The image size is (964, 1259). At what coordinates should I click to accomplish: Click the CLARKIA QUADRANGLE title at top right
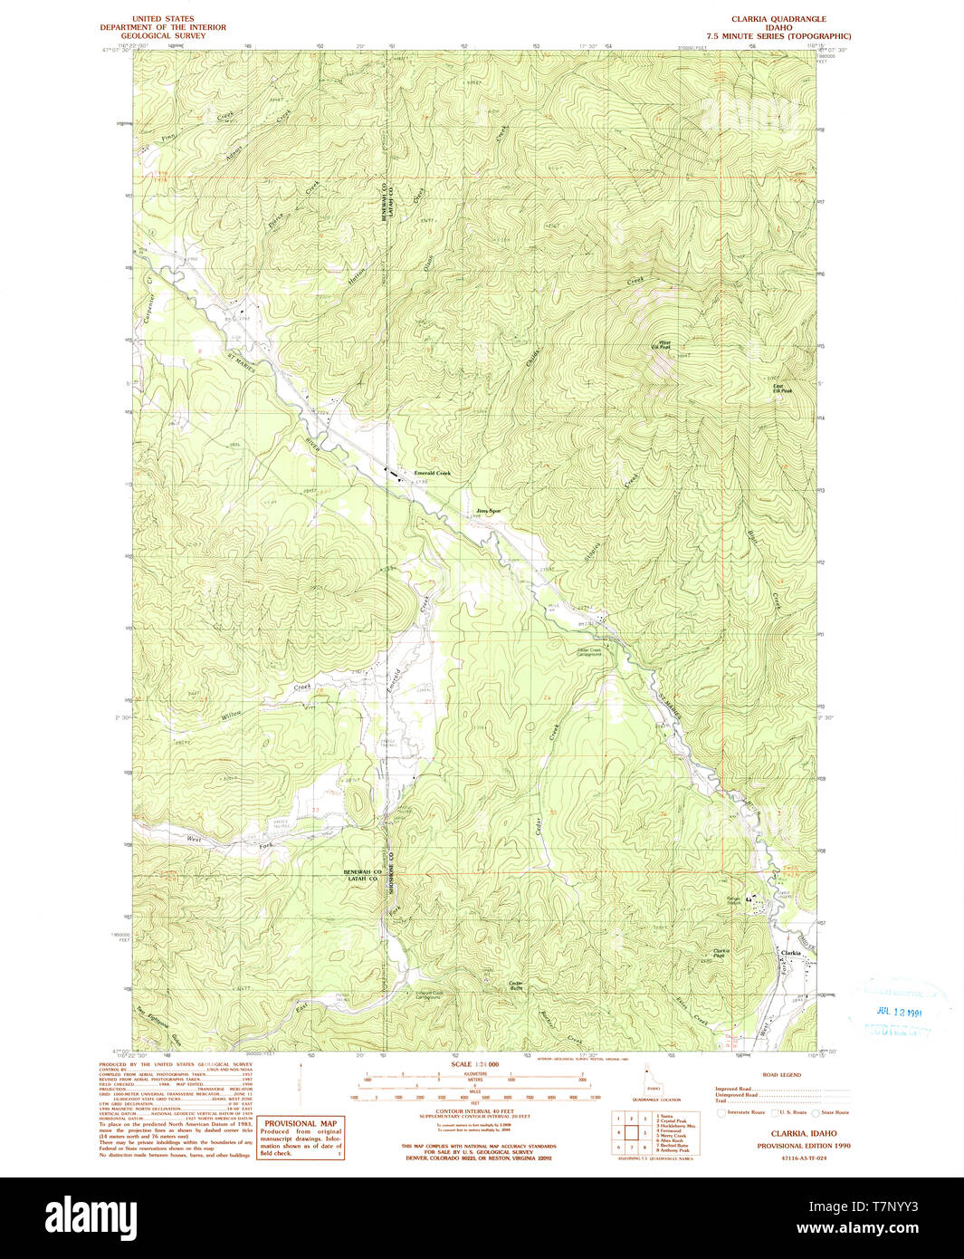778,19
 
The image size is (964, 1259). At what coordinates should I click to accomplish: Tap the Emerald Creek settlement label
432,474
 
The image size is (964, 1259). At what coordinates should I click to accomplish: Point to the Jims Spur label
488,511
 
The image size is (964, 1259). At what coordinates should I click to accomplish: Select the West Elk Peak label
663,344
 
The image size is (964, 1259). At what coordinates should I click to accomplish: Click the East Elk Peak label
782,389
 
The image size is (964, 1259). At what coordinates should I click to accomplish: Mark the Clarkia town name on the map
791,953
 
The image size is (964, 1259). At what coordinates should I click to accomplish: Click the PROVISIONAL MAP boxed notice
301,1138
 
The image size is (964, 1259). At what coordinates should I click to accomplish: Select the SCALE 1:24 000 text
475,1064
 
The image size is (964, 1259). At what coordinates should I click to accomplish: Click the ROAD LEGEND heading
781,1075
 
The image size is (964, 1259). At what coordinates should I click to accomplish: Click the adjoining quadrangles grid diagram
631,1132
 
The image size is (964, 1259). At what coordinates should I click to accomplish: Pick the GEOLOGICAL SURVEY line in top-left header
164,35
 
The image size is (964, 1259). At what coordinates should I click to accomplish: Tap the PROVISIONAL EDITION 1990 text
797,1146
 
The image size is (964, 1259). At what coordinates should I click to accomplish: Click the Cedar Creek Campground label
589,651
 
